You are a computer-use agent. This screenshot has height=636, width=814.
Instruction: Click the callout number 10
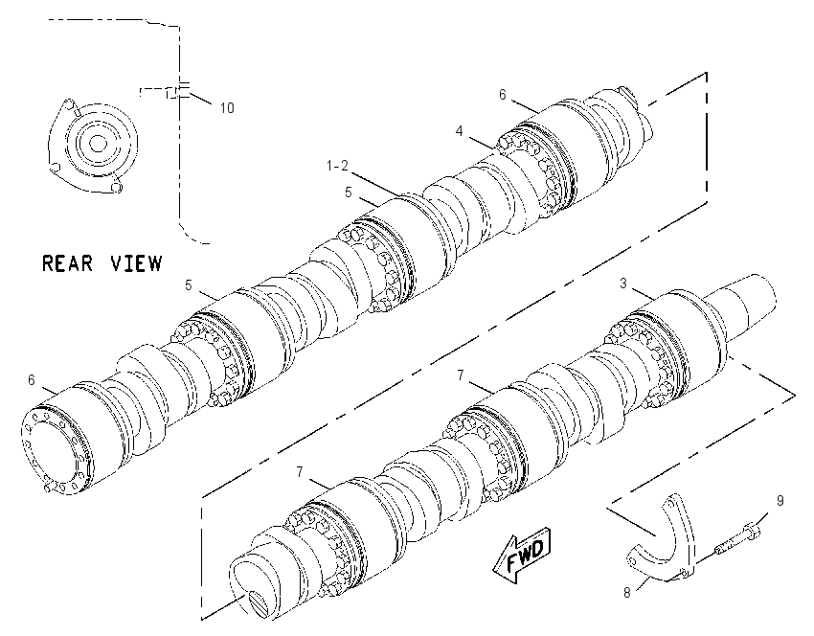[x=227, y=108]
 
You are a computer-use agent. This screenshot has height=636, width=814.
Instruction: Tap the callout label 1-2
[x=337, y=166]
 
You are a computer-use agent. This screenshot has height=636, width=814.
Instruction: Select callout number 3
[x=623, y=283]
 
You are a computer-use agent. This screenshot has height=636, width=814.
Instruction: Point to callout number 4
[x=459, y=131]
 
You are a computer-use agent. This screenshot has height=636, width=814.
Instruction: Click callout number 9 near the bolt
[x=780, y=501]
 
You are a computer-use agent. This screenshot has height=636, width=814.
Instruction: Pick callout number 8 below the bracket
[x=627, y=592]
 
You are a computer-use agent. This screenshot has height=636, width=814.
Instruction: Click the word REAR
[x=67, y=263]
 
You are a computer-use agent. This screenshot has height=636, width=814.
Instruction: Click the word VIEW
[x=137, y=263]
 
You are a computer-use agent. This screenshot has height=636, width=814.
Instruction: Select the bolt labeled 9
[x=737, y=539]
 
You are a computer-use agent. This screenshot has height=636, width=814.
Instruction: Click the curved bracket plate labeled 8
[x=662, y=545]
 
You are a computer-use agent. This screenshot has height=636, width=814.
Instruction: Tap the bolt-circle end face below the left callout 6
[x=55, y=449]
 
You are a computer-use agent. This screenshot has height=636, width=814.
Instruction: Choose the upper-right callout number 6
[x=502, y=95]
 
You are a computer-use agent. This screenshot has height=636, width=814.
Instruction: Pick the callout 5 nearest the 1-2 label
[x=348, y=193]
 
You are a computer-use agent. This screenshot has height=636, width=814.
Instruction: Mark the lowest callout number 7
[x=300, y=472]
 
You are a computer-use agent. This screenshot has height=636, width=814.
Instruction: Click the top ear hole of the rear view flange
[x=67, y=103]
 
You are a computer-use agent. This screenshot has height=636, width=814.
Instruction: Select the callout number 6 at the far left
[x=32, y=380]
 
